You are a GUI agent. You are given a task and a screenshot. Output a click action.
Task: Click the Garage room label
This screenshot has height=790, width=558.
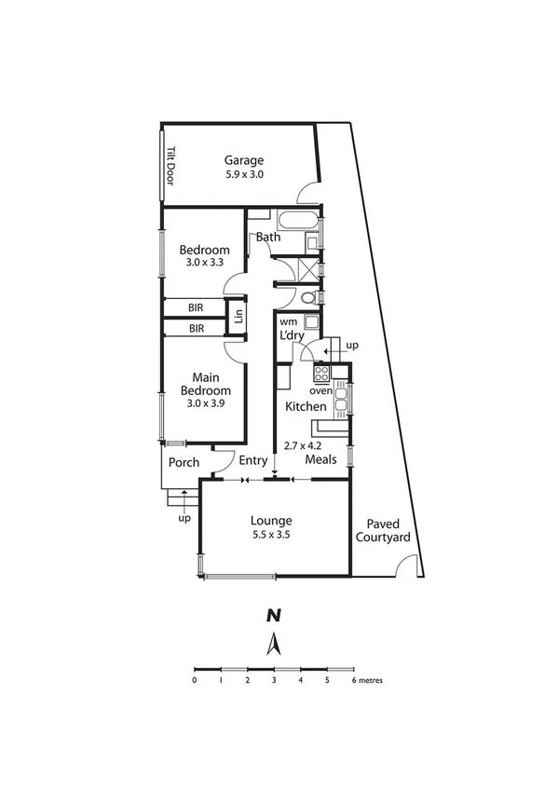coord(242,159)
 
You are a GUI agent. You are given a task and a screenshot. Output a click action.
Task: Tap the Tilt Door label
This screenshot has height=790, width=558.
coord(170,164)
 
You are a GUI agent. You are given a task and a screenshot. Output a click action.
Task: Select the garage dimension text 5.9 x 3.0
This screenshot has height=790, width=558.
coord(242,174)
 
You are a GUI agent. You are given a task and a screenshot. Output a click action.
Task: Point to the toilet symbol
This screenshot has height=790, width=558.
coord(308,298)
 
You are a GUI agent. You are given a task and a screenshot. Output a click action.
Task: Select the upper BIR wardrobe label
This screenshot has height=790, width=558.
coord(197,306)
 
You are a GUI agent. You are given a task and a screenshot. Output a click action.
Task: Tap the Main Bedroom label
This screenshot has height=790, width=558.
coord(205,384)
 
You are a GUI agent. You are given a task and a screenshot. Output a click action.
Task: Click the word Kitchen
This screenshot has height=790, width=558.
coord(306,407)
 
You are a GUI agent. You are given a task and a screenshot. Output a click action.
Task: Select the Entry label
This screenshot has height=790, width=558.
coord(252,460)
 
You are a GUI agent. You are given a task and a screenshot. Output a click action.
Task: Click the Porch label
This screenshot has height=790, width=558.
coord(184,462)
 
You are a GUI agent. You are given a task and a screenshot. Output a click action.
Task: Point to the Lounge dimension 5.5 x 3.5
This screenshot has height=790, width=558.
coord(271,536)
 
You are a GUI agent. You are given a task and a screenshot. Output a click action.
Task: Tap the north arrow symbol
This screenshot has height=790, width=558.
coord(274,643)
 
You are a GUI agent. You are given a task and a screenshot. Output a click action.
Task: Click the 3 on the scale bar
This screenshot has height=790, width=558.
coord(274,680)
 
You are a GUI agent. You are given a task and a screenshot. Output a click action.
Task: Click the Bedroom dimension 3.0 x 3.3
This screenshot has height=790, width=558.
coord(205,265)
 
